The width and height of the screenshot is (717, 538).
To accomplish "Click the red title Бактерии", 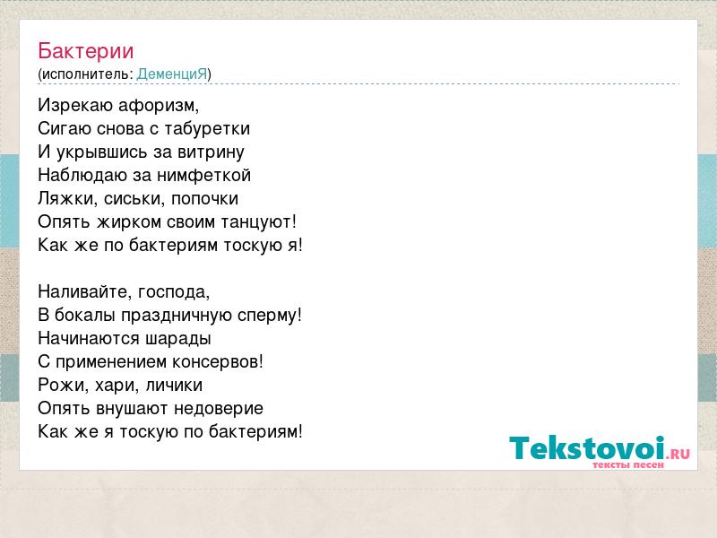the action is pyautogui.click(x=85, y=51).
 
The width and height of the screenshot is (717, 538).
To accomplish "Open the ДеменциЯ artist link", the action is pyautogui.click(x=172, y=74).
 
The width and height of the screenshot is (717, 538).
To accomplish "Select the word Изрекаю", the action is pyautogui.click(x=75, y=106).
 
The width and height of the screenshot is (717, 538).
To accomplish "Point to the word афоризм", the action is pyautogui.click(x=159, y=106).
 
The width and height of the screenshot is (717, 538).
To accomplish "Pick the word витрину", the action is pyautogui.click(x=211, y=152).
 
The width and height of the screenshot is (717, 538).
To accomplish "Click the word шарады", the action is pyautogui.click(x=177, y=340).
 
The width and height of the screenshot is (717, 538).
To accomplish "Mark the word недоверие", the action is pyautogui.click(x=219, y=409).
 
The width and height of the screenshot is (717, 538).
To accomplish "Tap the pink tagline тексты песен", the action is pyautogui.click(x=628, y=464).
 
